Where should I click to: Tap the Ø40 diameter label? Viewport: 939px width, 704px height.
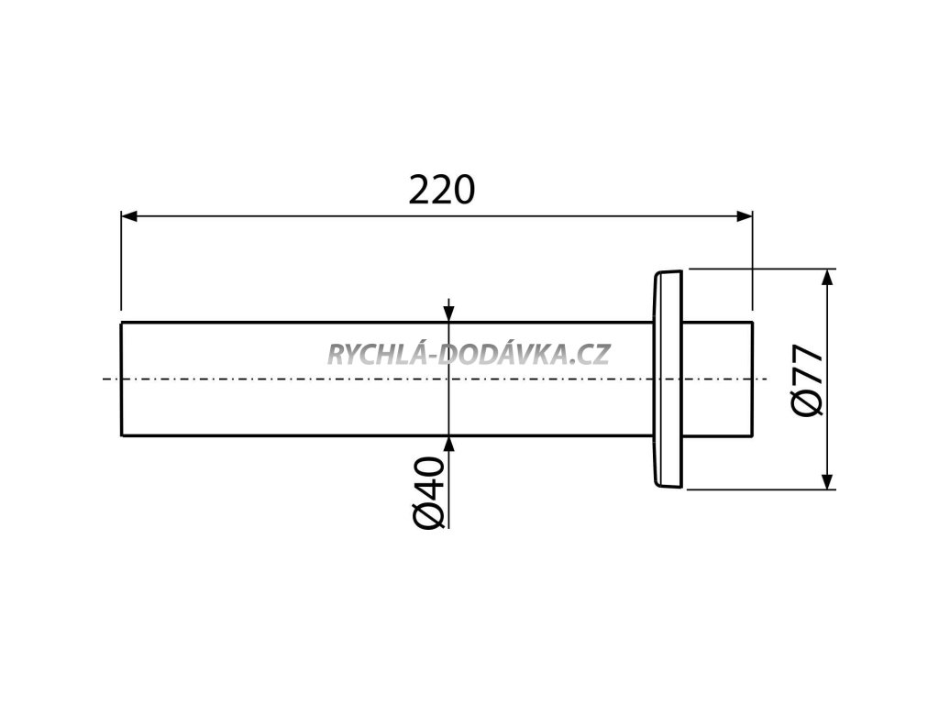429,493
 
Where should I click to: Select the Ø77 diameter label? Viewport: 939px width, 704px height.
804,379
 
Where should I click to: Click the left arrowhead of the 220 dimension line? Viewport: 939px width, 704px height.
129,216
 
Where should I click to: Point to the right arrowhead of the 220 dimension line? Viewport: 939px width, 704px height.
745,216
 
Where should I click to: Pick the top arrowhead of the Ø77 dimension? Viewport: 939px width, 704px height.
827,277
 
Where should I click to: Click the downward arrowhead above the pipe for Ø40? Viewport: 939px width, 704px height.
447,314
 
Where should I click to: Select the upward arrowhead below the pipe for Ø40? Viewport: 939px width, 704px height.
447,444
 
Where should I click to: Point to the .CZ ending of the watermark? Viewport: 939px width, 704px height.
594,353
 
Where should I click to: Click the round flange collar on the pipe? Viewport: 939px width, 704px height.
667,379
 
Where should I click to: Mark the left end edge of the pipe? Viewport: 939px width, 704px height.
122,379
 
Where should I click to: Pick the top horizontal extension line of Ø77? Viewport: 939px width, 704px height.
761,269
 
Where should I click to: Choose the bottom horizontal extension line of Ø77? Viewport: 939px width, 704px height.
761,489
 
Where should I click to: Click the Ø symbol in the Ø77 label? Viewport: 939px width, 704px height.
804,403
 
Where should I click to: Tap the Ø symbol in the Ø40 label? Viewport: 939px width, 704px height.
429,516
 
